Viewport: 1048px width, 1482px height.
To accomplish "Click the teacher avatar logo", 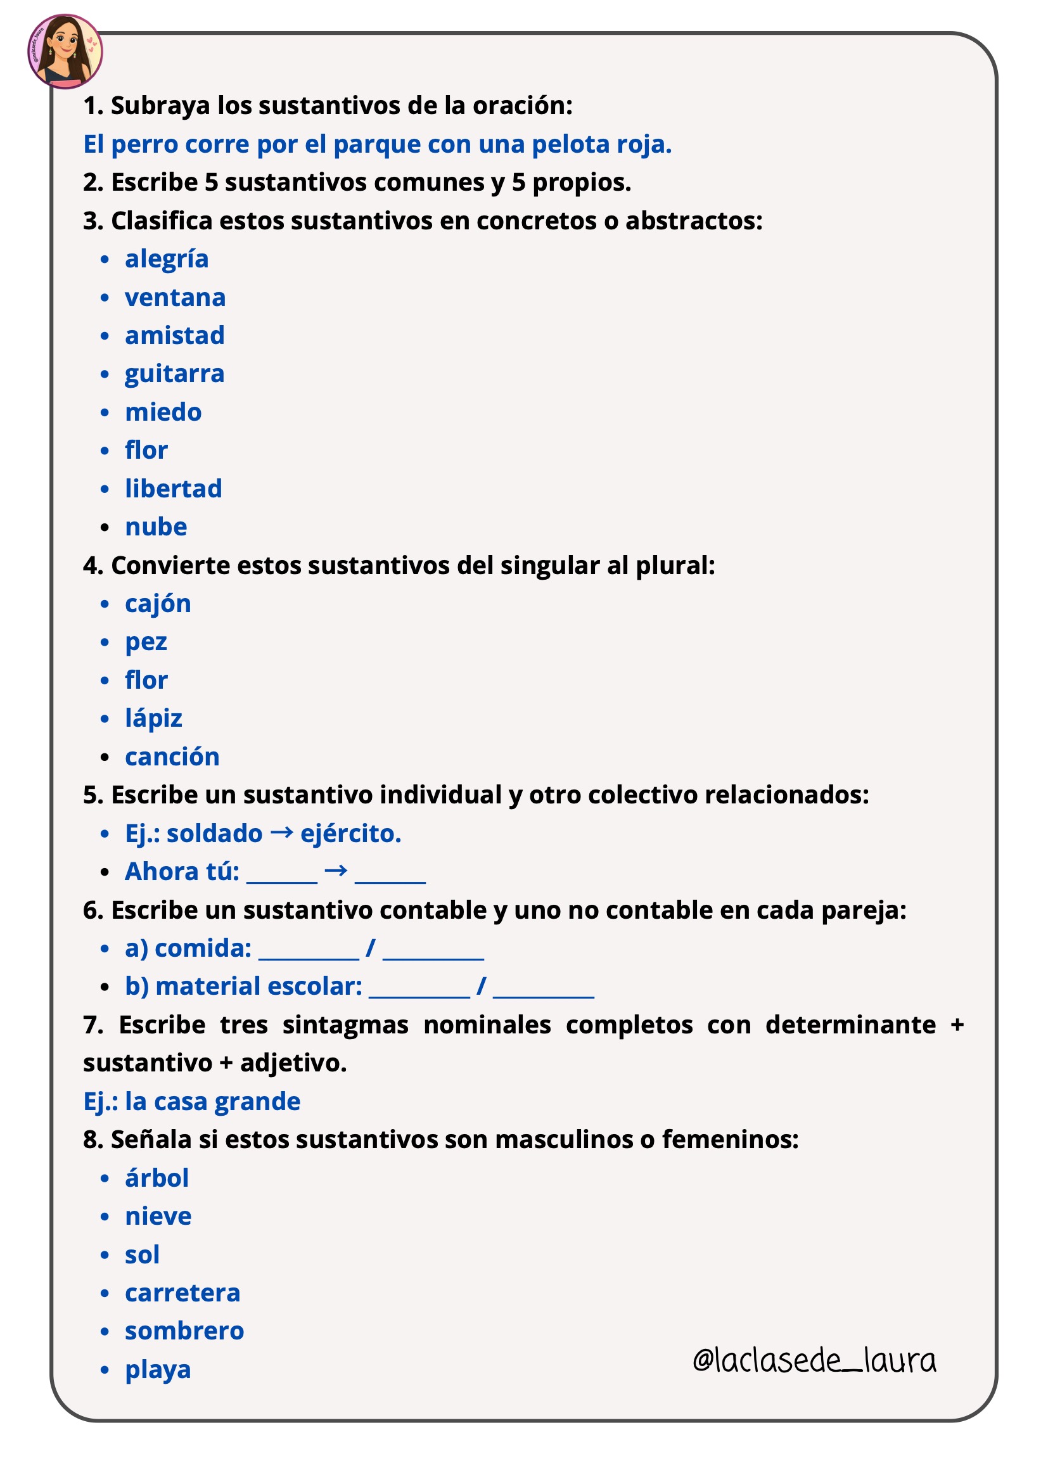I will point(65,51).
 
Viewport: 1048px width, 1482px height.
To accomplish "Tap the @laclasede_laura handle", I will point(814,1360).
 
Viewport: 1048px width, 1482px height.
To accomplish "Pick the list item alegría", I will point(167,260).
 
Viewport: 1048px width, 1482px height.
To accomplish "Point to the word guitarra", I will point(174,374).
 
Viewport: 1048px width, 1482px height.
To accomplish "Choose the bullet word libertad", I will point(173,489).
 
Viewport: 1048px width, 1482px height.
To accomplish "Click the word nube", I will point(155,527).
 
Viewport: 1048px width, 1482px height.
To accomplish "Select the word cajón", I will point(158,604).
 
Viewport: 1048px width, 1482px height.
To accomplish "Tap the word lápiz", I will point(153,719).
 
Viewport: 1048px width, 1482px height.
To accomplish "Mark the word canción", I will point(172,757).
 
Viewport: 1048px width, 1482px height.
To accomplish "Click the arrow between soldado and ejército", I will point(281,833).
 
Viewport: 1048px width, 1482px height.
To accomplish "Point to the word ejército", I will point(350,834).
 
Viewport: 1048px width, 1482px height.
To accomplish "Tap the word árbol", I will point(156,1179).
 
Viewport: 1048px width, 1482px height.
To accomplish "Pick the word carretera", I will point(182,1294).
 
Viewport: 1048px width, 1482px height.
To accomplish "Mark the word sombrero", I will point(184,1332).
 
